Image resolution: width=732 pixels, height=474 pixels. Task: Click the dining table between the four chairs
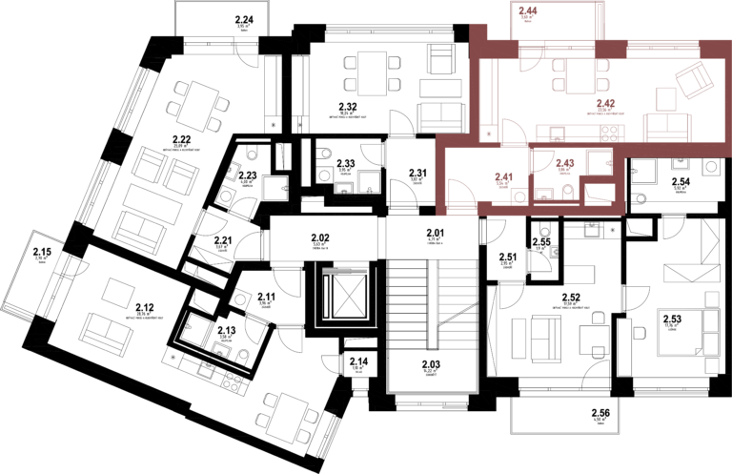579,75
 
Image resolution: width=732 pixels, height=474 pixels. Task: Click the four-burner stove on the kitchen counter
610,133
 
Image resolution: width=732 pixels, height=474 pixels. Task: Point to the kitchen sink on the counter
558,134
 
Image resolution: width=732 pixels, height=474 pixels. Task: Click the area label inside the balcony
527,13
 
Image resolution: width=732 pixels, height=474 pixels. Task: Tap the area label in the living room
605,105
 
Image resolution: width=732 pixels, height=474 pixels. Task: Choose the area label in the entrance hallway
503,178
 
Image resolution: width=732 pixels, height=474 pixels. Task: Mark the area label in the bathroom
564,165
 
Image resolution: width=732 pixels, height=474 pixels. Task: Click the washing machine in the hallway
520,196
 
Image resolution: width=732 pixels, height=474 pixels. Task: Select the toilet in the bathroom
568,194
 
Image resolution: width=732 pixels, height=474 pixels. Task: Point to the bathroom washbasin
544,196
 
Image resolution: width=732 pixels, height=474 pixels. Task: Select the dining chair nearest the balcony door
559,66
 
